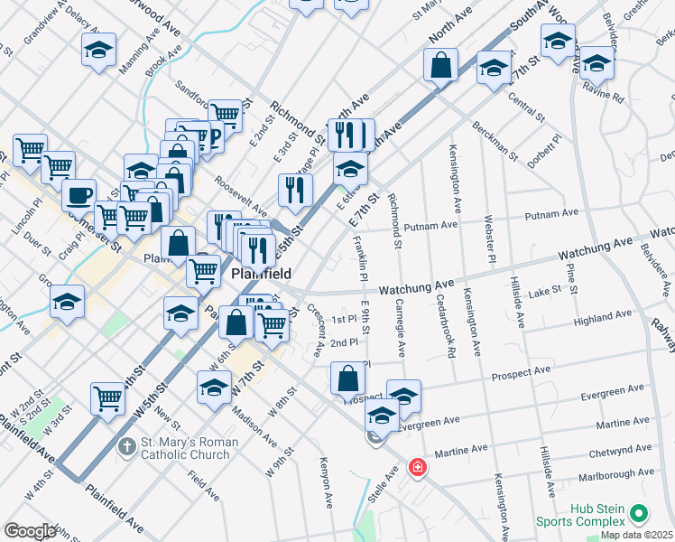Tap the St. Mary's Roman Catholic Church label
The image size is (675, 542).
190,448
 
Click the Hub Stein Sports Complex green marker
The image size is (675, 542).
640,514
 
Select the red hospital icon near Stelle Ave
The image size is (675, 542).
417,468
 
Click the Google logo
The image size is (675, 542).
30,531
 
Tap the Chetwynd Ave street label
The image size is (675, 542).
620,450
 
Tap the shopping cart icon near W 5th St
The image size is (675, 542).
108,397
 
